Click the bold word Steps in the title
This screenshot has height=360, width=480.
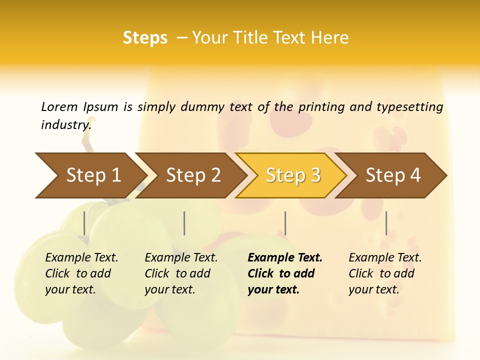[x=145, y=38]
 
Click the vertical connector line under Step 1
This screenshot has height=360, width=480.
[x=84, y=223]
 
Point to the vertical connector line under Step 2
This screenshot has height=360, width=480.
[x=184, y=223]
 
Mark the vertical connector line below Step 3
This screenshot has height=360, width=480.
[x=285, y=223]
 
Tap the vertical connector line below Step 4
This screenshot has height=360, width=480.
[x=386, y=223]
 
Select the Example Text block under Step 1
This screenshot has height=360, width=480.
[x=81, y=273]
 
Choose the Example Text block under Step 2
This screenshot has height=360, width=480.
[x=181, y=273]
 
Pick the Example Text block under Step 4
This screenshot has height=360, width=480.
[x=385, y=273]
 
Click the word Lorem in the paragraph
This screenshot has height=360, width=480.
[x=59, y=107]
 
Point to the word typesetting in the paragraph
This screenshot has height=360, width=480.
[x=409, y=107]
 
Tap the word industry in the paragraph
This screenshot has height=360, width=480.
[x=65, y=125]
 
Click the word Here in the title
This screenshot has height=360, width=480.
[x=330, y=38]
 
